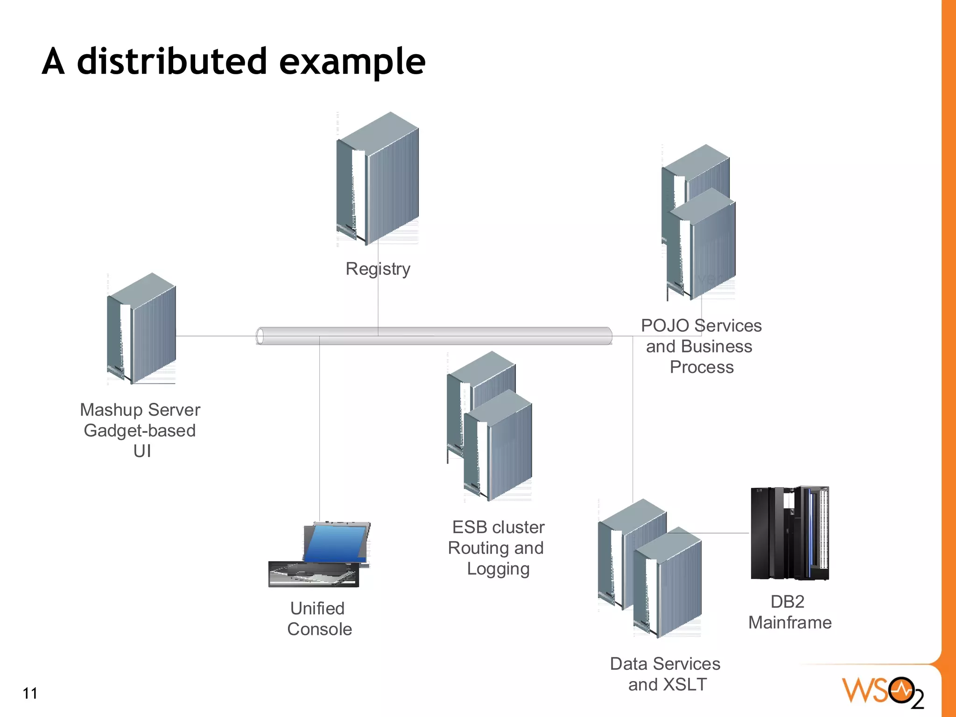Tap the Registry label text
(378, 269)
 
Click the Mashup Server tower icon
(141, 329)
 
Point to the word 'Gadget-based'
(140, 430)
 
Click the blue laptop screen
(335, 543)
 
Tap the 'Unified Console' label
(319, 619)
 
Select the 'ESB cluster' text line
(498, 527)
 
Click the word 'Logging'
(498, 569)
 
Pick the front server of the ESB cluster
(498, 446)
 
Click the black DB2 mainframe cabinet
(789, 533)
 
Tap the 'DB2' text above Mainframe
(787, 602)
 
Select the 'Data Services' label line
(665, 664)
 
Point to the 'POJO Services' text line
(701, 326)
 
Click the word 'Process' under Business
(702, 367)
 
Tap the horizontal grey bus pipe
(434, 336)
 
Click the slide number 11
(30, 693)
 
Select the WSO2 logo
(882, 691)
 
